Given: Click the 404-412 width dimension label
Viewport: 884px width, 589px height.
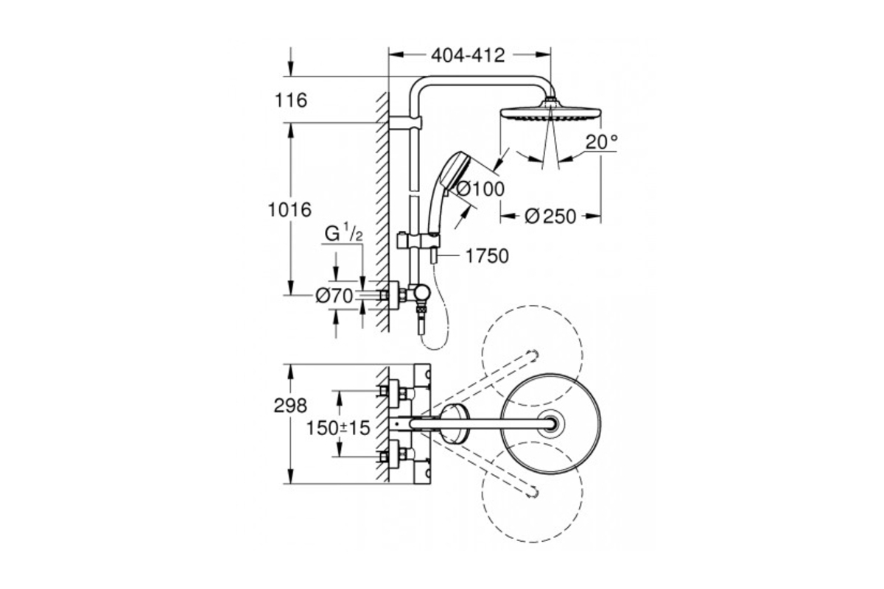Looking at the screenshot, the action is click(x=468, y=56).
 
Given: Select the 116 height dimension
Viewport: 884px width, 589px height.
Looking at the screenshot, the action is click(x=291, y=100).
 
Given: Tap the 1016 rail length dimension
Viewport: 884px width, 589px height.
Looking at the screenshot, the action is click(x=290, y=210).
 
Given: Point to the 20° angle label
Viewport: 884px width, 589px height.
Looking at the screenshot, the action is click(x=601, y=141).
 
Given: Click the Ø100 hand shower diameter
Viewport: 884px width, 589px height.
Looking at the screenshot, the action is click(x=480, y=189).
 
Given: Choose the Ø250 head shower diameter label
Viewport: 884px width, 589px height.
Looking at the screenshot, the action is click(x=550, y=216).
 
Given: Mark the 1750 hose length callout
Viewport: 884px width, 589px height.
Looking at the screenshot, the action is click(x=487, y=256).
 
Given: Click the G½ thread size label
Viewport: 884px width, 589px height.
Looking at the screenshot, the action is click(x=343, y=233).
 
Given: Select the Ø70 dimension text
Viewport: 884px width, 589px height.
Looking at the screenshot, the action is click(x=334, y=296).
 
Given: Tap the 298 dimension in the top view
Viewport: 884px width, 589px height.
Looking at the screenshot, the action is click(x=290, y=406).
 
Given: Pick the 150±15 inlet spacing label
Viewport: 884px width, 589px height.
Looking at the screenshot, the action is click(x=339, y=428).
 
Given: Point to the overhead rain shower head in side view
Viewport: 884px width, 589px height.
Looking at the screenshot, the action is click(x=551, y=109).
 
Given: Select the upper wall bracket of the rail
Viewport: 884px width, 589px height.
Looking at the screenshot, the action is click(x=405, y=123).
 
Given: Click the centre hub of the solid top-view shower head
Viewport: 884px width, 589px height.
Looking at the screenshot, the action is click(x=551, y=423).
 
